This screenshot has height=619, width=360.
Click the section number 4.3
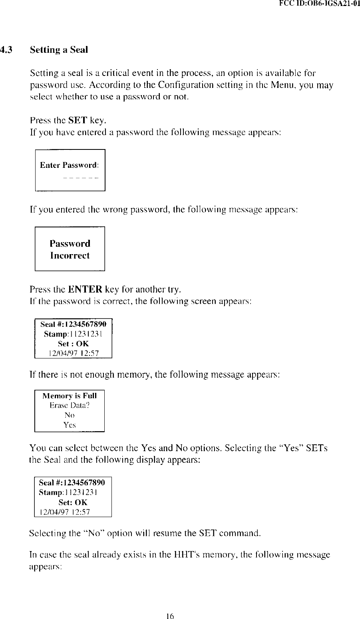[x=6, y=50]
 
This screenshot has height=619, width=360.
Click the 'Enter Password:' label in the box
[x=69, y=165]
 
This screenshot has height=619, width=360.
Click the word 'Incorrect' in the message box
[x=70, y=256]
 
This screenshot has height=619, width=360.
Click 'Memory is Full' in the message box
[x=70, y=396]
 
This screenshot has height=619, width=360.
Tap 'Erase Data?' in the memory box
[x=70, y=406]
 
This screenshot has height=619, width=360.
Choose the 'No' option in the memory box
[x=70, y=416]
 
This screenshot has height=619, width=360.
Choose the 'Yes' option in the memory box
[x=70, y=425]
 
